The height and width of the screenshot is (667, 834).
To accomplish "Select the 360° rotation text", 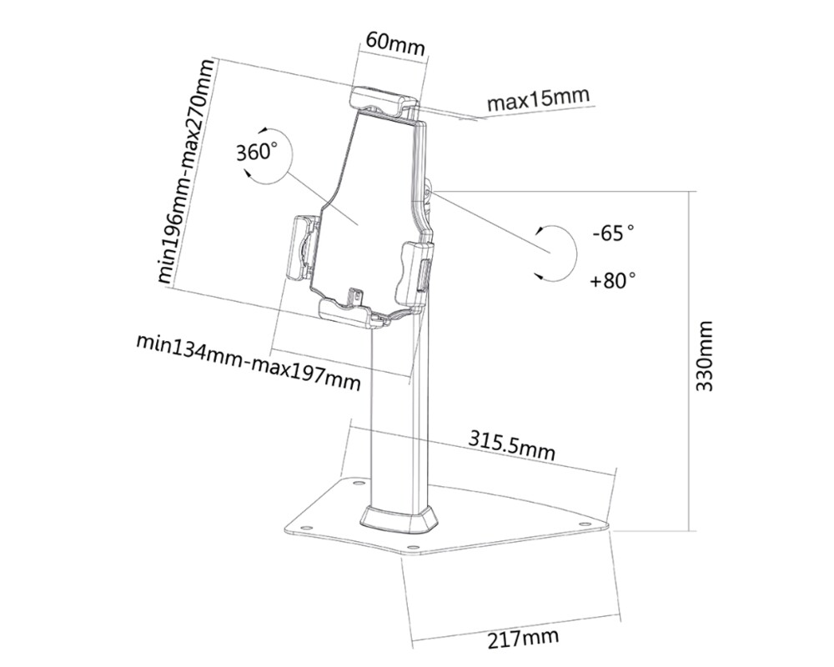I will coord(256,153).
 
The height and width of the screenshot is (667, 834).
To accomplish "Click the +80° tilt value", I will coord(613,281).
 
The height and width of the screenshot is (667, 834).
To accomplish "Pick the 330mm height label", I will coord(705,356).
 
